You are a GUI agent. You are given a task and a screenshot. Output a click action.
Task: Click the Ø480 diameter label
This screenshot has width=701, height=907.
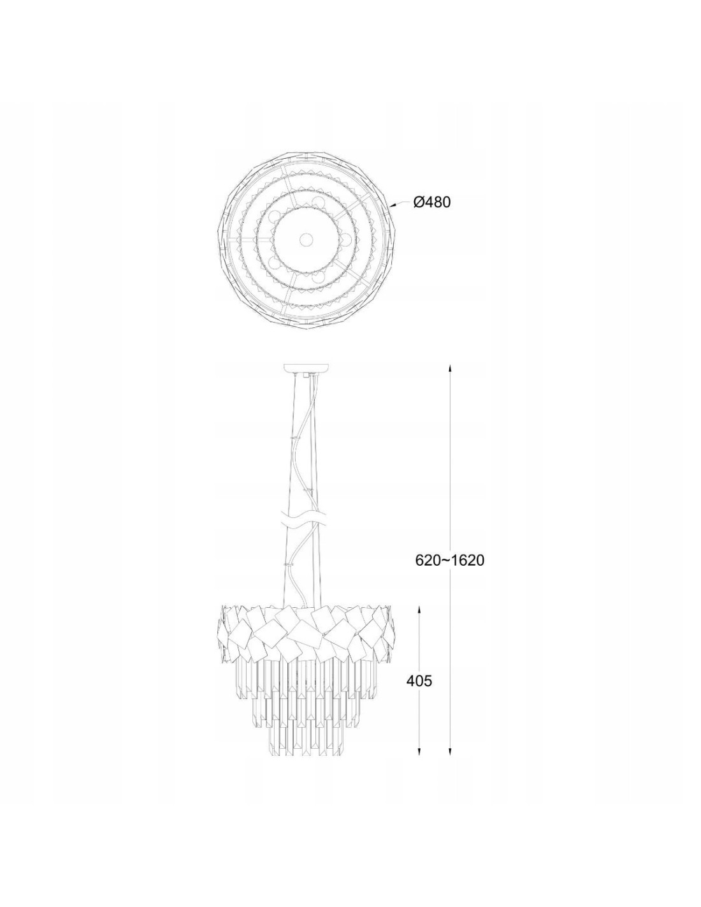pos(432,202)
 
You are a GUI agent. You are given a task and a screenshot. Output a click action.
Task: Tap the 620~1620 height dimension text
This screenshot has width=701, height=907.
pos(449,560)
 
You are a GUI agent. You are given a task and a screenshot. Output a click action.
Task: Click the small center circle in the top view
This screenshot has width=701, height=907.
pos(307,240)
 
